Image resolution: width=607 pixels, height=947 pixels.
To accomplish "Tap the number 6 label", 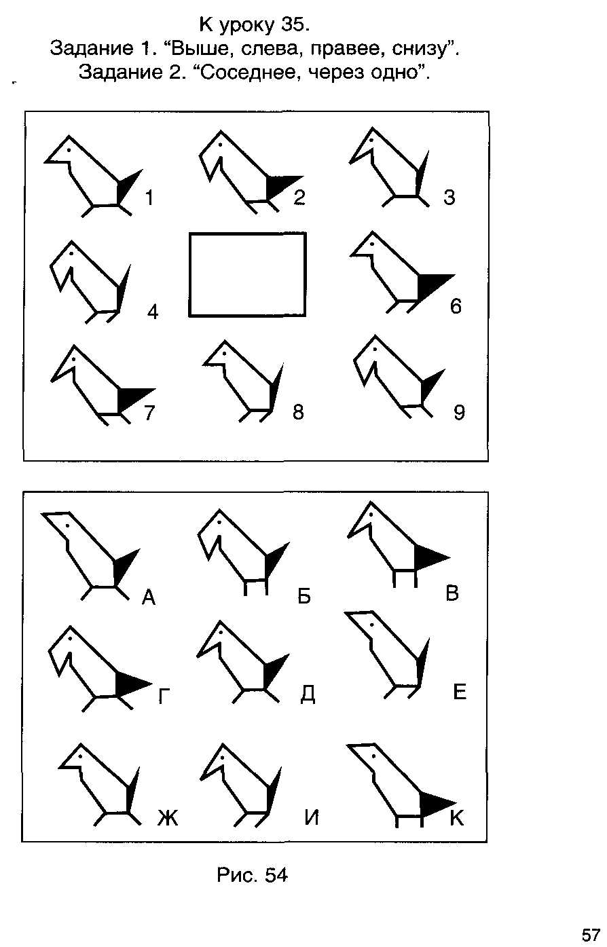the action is [455, 305].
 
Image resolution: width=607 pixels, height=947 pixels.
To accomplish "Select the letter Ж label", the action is [168, 817].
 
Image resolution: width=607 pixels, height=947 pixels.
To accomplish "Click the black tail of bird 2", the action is [281, 185].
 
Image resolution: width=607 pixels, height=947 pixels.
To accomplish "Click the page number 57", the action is [591, 935].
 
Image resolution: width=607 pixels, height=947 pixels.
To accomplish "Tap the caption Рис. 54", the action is [252, 875].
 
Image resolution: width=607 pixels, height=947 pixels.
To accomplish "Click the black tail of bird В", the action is [430, 557].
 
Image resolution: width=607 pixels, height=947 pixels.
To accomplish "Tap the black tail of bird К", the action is [436, 802].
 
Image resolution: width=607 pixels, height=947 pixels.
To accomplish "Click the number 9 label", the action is [459, 412].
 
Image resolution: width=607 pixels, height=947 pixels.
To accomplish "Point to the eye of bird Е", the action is [372, 624].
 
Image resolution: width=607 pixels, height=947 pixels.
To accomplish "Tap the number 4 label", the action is [153, 312].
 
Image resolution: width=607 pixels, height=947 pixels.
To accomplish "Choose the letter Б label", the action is [304, 595].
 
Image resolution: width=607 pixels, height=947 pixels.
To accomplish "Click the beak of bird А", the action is [54, 520].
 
